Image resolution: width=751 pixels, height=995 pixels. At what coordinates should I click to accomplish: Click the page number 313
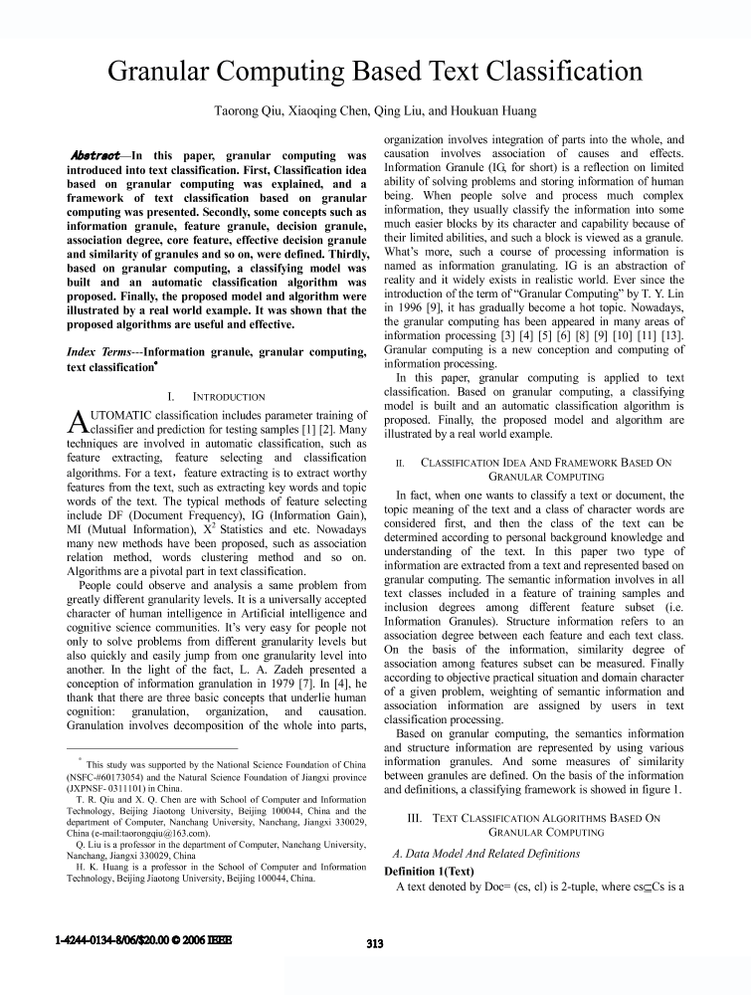(x=374, y=944)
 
